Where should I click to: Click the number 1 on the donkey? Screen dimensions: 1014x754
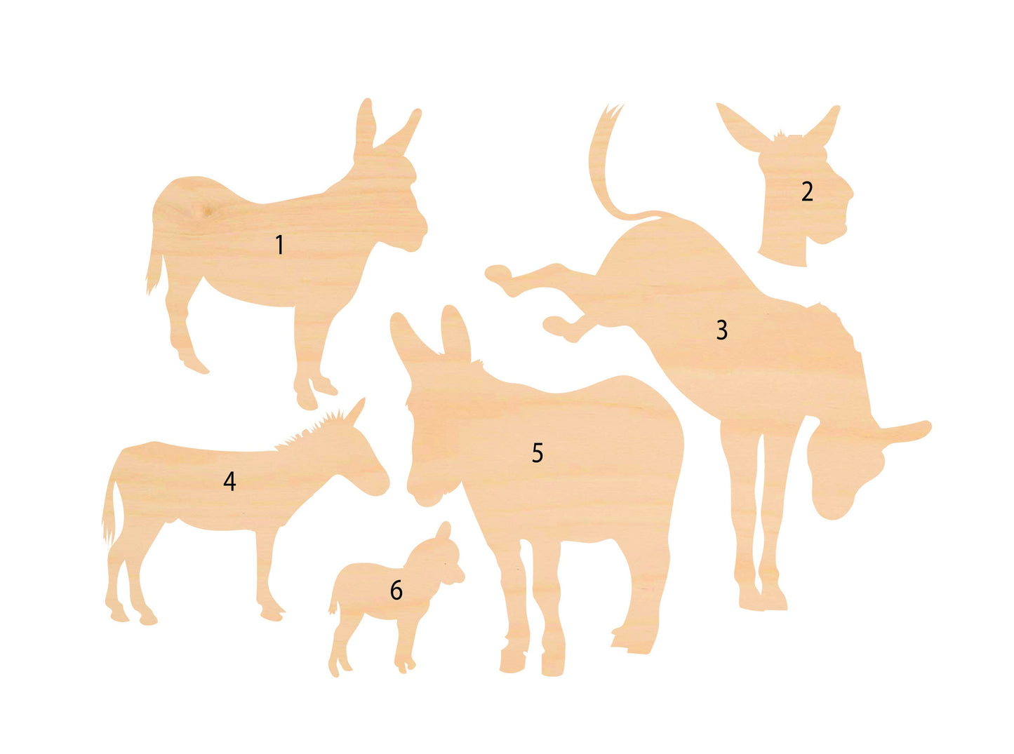(280, 245)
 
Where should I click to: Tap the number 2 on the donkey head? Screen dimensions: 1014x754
(808, 191)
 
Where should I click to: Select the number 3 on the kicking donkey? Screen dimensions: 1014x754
(722, 330)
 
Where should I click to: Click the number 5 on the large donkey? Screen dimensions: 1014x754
(538, 452)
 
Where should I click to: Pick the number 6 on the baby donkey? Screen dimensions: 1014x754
(396, 589)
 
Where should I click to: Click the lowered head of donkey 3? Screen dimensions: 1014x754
(841, 471)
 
